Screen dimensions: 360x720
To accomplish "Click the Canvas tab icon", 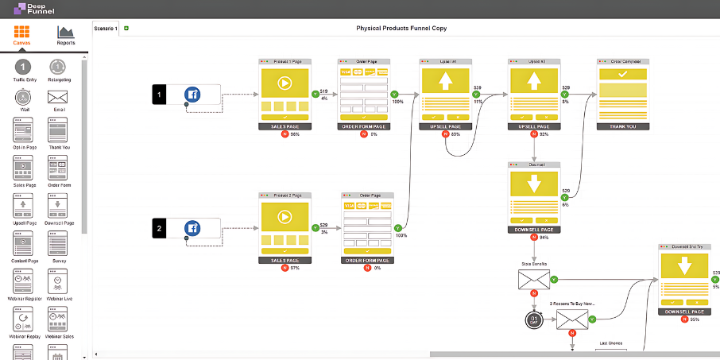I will point(22,33).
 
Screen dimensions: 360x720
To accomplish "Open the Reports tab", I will point(65,33).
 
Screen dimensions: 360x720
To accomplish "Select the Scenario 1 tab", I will point(106,29).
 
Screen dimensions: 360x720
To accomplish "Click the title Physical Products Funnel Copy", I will point(401,29).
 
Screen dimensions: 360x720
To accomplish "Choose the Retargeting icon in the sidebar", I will point(57,67).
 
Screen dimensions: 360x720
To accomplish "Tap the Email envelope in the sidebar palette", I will point(57,97).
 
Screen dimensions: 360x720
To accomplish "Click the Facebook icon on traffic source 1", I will point(192,95).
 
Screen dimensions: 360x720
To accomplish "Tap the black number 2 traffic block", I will point(159,228).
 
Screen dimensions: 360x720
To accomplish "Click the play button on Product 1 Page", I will point(285,82).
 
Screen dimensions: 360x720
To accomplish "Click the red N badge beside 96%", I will point(285,134).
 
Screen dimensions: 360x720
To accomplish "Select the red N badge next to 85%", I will point(445,134).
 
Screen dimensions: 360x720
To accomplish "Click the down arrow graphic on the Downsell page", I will point(534,182).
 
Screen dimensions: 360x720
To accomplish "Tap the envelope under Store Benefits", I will point(533,280).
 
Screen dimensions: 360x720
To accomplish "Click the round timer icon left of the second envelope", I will point(533,319).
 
